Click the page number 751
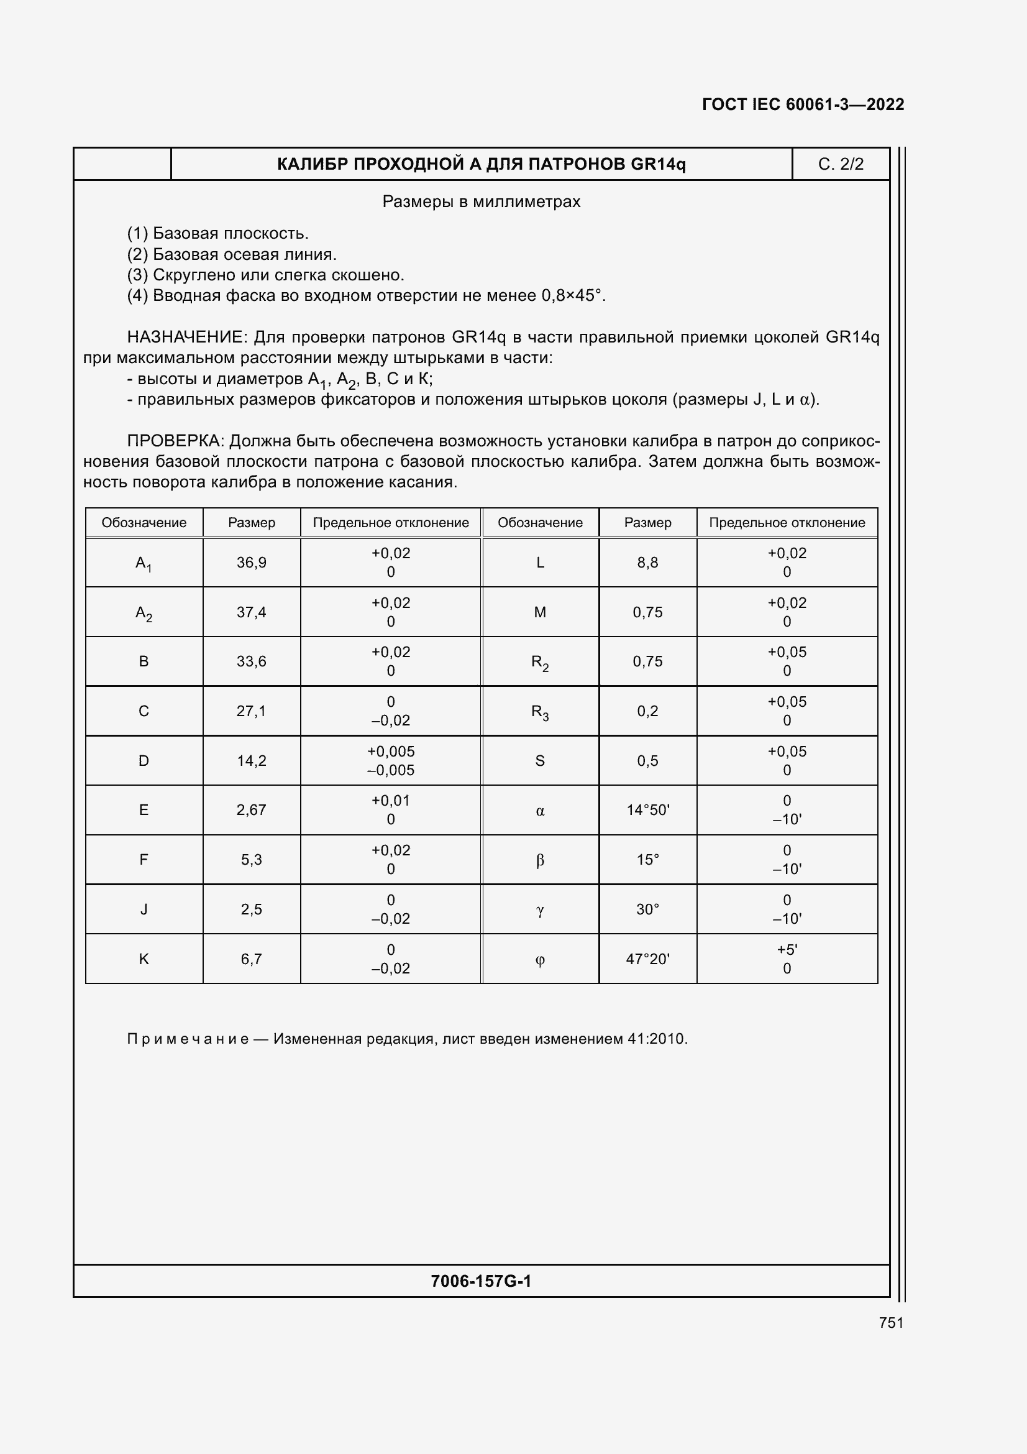[890, 1322]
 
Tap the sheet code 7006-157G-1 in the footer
[481, 1281]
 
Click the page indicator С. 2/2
[841, 165]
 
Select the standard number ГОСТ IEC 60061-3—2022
[802, 104]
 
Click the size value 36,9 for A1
[251, 563]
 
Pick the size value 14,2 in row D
[251, 760]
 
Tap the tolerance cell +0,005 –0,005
[390, 760]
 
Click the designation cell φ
[540, 959]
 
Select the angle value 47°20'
[647, 959]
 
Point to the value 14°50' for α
[647, 810]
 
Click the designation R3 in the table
[540, 712]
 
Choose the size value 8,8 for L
[647, 563]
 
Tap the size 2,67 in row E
[251, 810]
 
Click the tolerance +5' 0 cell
[787, 959]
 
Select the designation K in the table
[144, 959]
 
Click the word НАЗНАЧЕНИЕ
[185, 337]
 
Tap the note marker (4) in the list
[137, 296]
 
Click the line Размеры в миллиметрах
[481, 202]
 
